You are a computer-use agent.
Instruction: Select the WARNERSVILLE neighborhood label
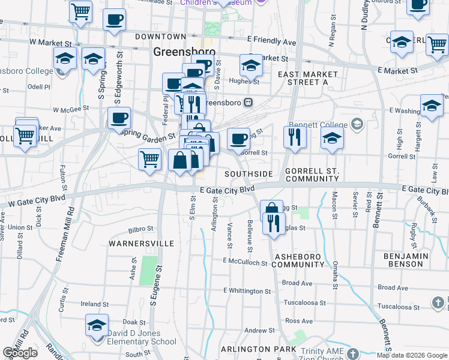[x=141, y=244]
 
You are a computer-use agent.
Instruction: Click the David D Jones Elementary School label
[x=142, y=338]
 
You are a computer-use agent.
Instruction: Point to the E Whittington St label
[x=247, y=290]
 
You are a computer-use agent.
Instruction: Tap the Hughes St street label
[x=243, y=80]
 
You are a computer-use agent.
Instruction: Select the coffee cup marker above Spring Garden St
[x=119, y=118]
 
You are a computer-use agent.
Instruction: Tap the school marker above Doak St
[x=97, y=325]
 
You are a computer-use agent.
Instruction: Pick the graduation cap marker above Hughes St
[x=251, y=65]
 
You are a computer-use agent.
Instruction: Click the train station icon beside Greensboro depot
[x=248, y=103]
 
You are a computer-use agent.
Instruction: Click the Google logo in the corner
[x=20, y=353]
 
